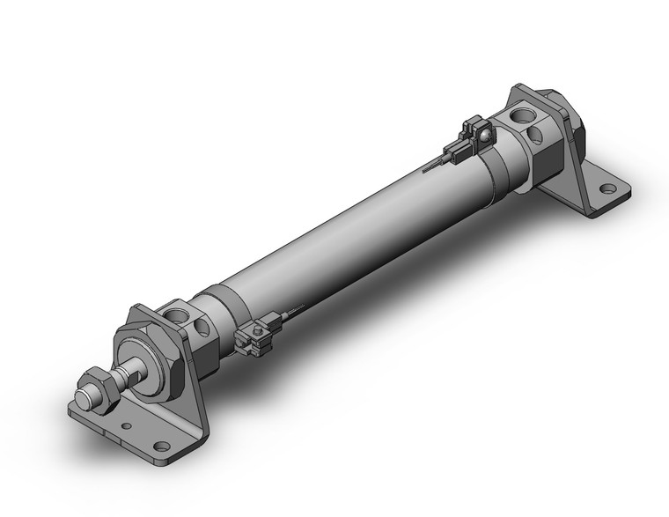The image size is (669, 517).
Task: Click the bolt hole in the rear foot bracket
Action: (606, 188)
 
